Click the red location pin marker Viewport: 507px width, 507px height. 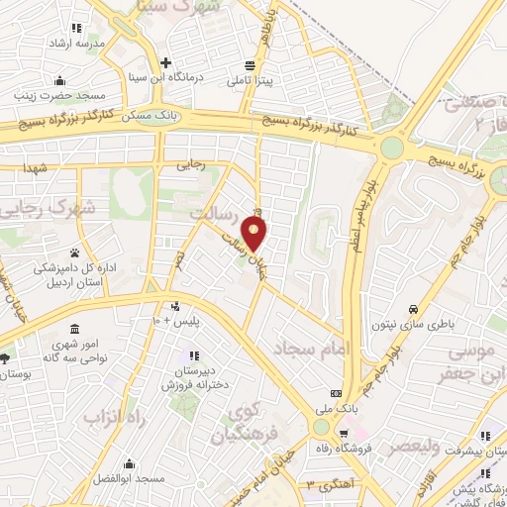tap(255, 233)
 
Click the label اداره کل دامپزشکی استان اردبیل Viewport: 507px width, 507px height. tap(76, 274)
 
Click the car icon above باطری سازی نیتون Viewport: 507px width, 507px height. tap(425, 307)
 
